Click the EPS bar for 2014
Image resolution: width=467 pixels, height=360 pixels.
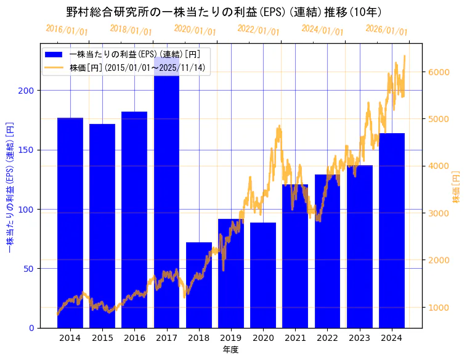point(70,222)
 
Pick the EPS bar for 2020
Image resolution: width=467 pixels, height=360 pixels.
point(263,275)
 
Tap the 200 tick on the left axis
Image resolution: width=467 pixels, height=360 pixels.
point(28,91)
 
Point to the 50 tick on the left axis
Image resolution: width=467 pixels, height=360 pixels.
point(30,269)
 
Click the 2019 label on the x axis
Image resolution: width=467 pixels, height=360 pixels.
point(231,338)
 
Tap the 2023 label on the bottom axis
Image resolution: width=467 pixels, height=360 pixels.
point(360,338)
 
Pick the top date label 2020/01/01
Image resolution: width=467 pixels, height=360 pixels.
point(195,30)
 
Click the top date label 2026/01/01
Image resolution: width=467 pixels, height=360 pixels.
point(386,30)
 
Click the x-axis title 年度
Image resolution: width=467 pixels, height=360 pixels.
point(230,350)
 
